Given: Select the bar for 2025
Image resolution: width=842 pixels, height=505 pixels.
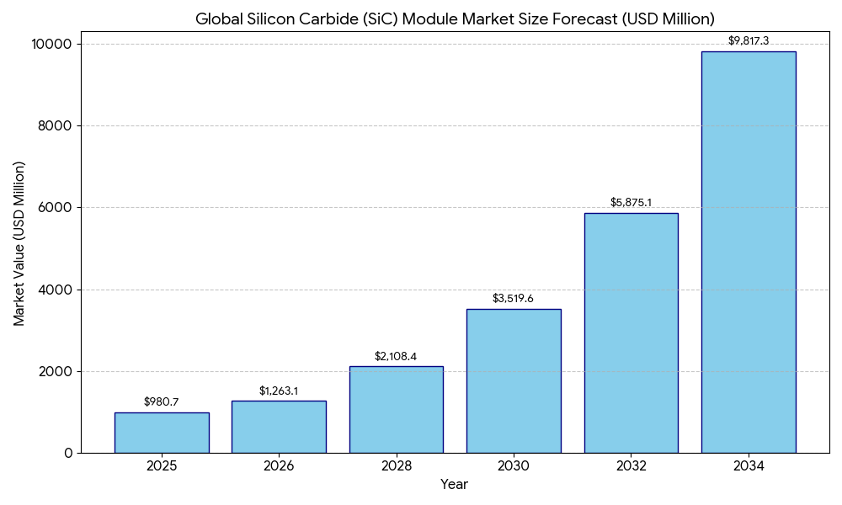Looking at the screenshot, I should click(162, 433).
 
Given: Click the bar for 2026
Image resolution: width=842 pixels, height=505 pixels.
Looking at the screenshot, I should click(279, 427).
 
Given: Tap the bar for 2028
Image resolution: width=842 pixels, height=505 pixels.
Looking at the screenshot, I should click(396, 409).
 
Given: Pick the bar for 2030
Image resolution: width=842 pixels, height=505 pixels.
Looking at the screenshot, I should click(514, 380).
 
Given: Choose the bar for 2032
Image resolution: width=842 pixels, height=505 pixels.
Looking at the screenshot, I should click(631, 332).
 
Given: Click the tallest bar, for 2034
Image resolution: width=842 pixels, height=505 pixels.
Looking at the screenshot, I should click(749, 252).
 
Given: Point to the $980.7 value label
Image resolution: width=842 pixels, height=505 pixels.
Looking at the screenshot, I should click(162, 402).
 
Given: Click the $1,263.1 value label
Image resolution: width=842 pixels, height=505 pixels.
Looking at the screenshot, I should click(279, 391).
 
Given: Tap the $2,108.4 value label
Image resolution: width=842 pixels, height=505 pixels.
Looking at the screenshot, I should click(396, 357).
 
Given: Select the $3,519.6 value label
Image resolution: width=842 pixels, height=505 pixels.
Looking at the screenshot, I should click(514, 299).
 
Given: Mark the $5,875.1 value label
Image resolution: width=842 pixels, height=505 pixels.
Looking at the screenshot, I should click(631, 203).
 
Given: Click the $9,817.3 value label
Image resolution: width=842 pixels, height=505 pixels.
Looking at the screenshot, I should click(749, 41).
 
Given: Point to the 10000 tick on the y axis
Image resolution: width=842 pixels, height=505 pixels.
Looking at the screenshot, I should click(52, 44).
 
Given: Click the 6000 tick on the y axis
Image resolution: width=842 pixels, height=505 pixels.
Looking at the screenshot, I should click(56, 208).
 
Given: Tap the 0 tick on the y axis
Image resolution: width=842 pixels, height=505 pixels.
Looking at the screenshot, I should click(69, 453).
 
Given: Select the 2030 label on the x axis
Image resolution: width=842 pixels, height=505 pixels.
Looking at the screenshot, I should click(514, 466).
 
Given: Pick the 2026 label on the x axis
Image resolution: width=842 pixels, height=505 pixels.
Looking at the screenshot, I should click(279, 466).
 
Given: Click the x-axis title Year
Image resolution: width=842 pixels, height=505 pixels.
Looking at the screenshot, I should click(454, 485).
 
